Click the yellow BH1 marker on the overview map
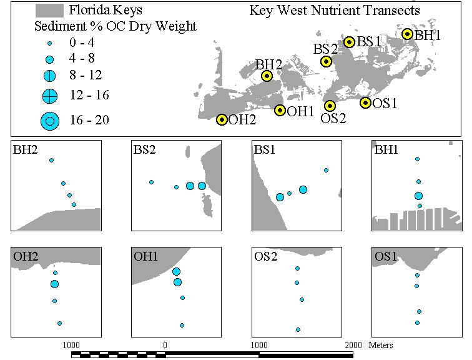click(407, 34)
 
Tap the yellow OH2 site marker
click(222, 120)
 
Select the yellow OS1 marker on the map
click(365, 103)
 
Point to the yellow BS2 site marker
click(326, 62)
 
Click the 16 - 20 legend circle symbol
click(50, 121)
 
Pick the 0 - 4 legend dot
click(50, 44)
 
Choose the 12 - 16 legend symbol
click(50, 96)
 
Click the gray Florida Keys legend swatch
click(49, 11)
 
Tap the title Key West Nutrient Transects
click(335, 11)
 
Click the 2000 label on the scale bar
click(353, 345)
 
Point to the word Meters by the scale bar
click(381, 345)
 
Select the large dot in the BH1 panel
click(418, 196)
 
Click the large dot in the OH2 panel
click(54, 284)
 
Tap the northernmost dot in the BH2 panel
click(51, 160)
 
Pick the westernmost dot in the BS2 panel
click(152, 182)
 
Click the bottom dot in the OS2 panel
click(298, 329)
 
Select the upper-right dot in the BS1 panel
click(326, 171)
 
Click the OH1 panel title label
click(145, 256)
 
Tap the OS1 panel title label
click(386, 256)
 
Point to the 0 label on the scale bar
click(165, 345)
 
